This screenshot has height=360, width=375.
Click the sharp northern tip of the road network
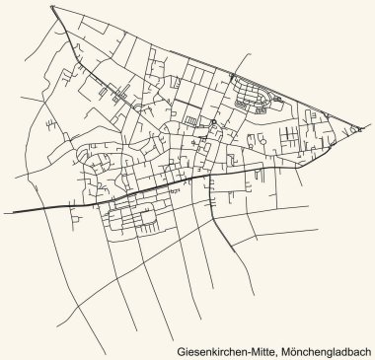(51, 7)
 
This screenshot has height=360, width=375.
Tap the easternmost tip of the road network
(361, 135)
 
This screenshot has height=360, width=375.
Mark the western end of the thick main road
(12, 210)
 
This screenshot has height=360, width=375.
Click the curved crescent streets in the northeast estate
(252, 100)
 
